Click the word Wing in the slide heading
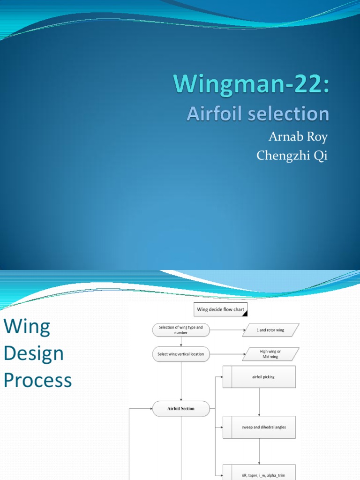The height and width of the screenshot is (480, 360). (x=27, y=327)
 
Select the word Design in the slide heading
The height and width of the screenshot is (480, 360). (x=34, y=353)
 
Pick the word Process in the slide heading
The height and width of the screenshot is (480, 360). (x=38, y=380)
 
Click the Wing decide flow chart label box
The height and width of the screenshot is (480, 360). (x=221, y=310)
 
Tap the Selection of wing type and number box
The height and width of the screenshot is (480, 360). (x=181, y=330)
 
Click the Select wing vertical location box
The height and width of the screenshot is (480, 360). (x=181, y=354)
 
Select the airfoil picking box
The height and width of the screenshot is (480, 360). (x=259, y=377)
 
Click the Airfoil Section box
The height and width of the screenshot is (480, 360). (x=181, y=409)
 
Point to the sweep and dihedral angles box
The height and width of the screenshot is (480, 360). (x=259, y=427)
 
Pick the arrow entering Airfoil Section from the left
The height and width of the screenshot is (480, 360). (x=141, y=409)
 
